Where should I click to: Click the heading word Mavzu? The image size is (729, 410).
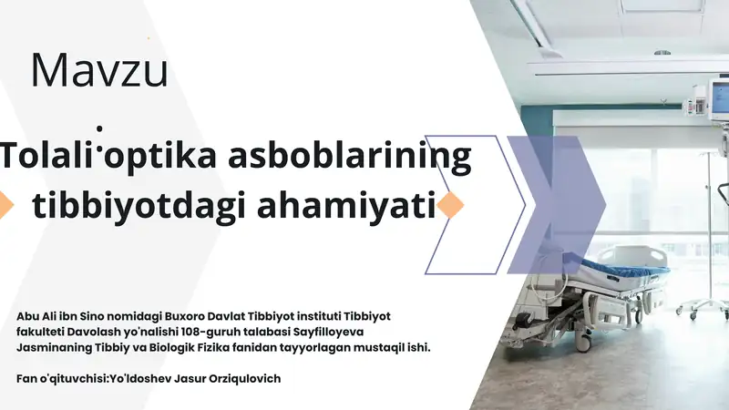99,70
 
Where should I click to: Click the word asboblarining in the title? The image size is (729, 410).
350,157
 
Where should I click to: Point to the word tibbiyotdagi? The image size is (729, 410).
139,206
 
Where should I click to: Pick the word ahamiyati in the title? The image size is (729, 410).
346,206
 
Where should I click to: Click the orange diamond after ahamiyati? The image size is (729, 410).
450,204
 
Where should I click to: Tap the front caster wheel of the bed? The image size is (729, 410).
581,343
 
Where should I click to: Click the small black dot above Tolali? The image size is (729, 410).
99,128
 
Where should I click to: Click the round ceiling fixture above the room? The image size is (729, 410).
662,53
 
